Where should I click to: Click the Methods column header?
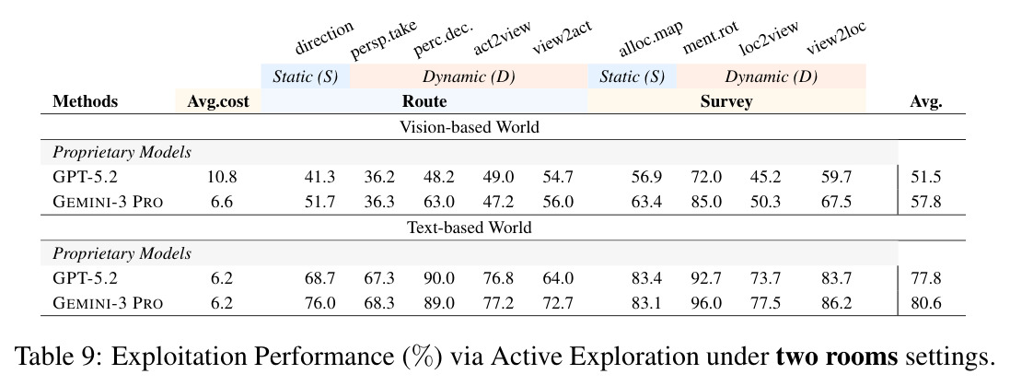85,102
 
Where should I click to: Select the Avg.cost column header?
218,102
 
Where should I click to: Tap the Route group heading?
424,102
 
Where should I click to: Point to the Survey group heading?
726,102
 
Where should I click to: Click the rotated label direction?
324,38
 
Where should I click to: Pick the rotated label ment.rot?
711,40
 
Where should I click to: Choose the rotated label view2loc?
836,38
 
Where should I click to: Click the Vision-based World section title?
470,127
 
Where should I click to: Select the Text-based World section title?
470,228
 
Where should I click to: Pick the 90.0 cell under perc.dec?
438,277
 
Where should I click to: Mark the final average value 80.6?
925,303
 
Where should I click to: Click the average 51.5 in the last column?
925,177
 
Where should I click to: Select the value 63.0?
438,203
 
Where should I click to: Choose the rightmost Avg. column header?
925,102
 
